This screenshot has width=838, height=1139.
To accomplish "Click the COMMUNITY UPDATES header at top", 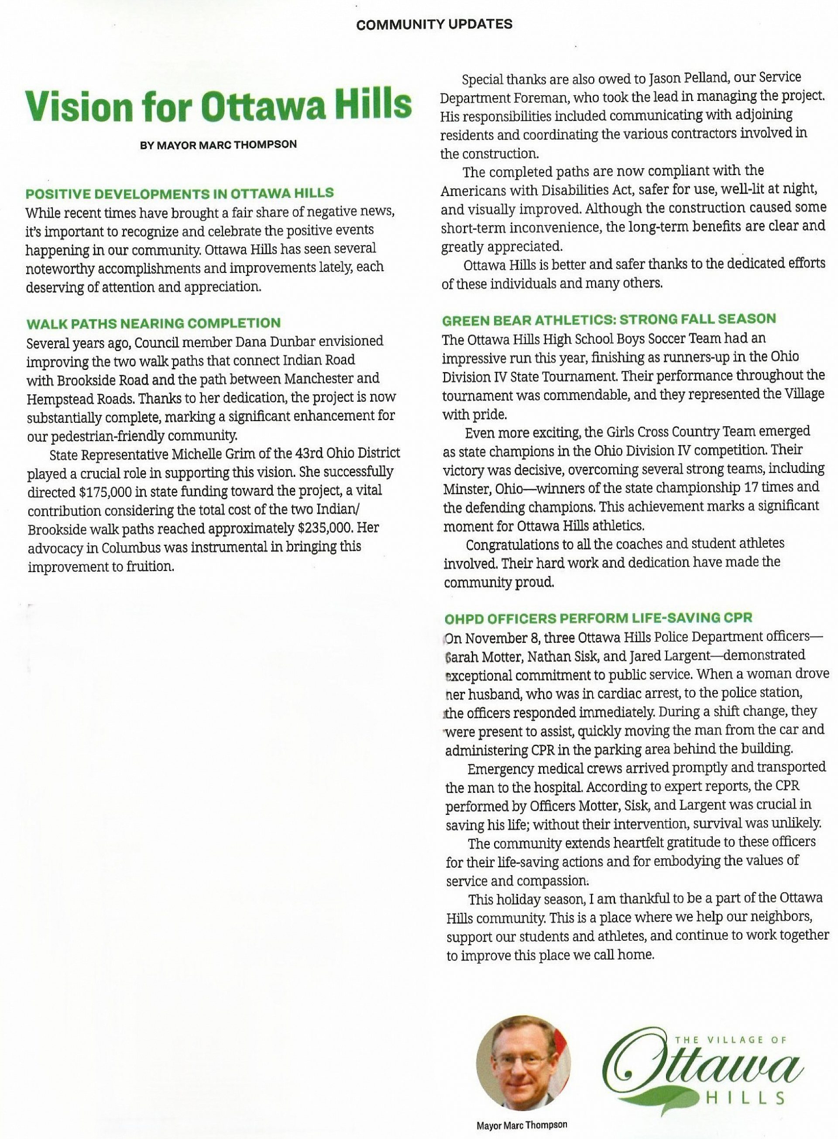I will pyautogui.click(x=434, y=24).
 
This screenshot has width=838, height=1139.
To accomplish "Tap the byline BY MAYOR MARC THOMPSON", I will pyautogui.click(x=218, y=145).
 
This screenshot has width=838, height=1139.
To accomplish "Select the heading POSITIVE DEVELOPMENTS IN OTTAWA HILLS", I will pyautogui.click(x=179, y=193).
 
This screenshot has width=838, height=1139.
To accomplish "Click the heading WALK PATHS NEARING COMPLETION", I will pyautogui.click(x=153, y=323).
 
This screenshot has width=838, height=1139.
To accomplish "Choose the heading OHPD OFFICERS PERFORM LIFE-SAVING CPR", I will pyautogui.click(x=598, y=618).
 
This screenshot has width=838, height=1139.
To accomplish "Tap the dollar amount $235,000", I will pyautogui.click(x=324, y=528).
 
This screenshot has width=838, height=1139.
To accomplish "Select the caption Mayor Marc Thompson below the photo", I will pyautogui.click(x=522, y=1124).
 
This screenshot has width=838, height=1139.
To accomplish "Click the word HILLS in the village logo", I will pyautogui.click(x=745, y=1098).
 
